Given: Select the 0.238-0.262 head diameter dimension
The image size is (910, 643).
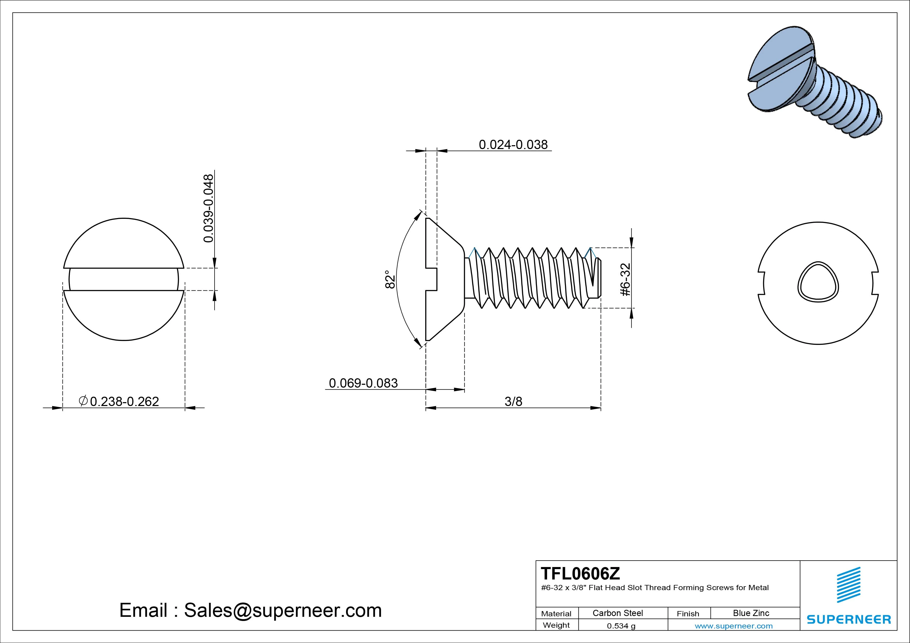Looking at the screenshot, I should tap(124, 401).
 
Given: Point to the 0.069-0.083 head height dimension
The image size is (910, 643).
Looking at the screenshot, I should tap(363, 383).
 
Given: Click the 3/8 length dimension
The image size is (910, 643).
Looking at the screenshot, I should tap(513, 401).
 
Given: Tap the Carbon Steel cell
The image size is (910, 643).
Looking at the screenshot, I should tap(617, 613).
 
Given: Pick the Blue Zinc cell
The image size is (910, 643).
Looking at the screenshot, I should tap(751, 613).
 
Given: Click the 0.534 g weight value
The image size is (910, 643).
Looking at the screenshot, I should tap(621, 626).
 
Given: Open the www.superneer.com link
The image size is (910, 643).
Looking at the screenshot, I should tap(734, 626).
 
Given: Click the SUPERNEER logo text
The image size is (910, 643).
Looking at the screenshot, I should tap(849, 619).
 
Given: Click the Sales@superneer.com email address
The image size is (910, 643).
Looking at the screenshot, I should tap(282, 610).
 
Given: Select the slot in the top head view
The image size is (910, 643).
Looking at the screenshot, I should tap(124, 279).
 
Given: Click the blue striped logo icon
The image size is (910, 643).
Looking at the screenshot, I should tap(849, 584).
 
